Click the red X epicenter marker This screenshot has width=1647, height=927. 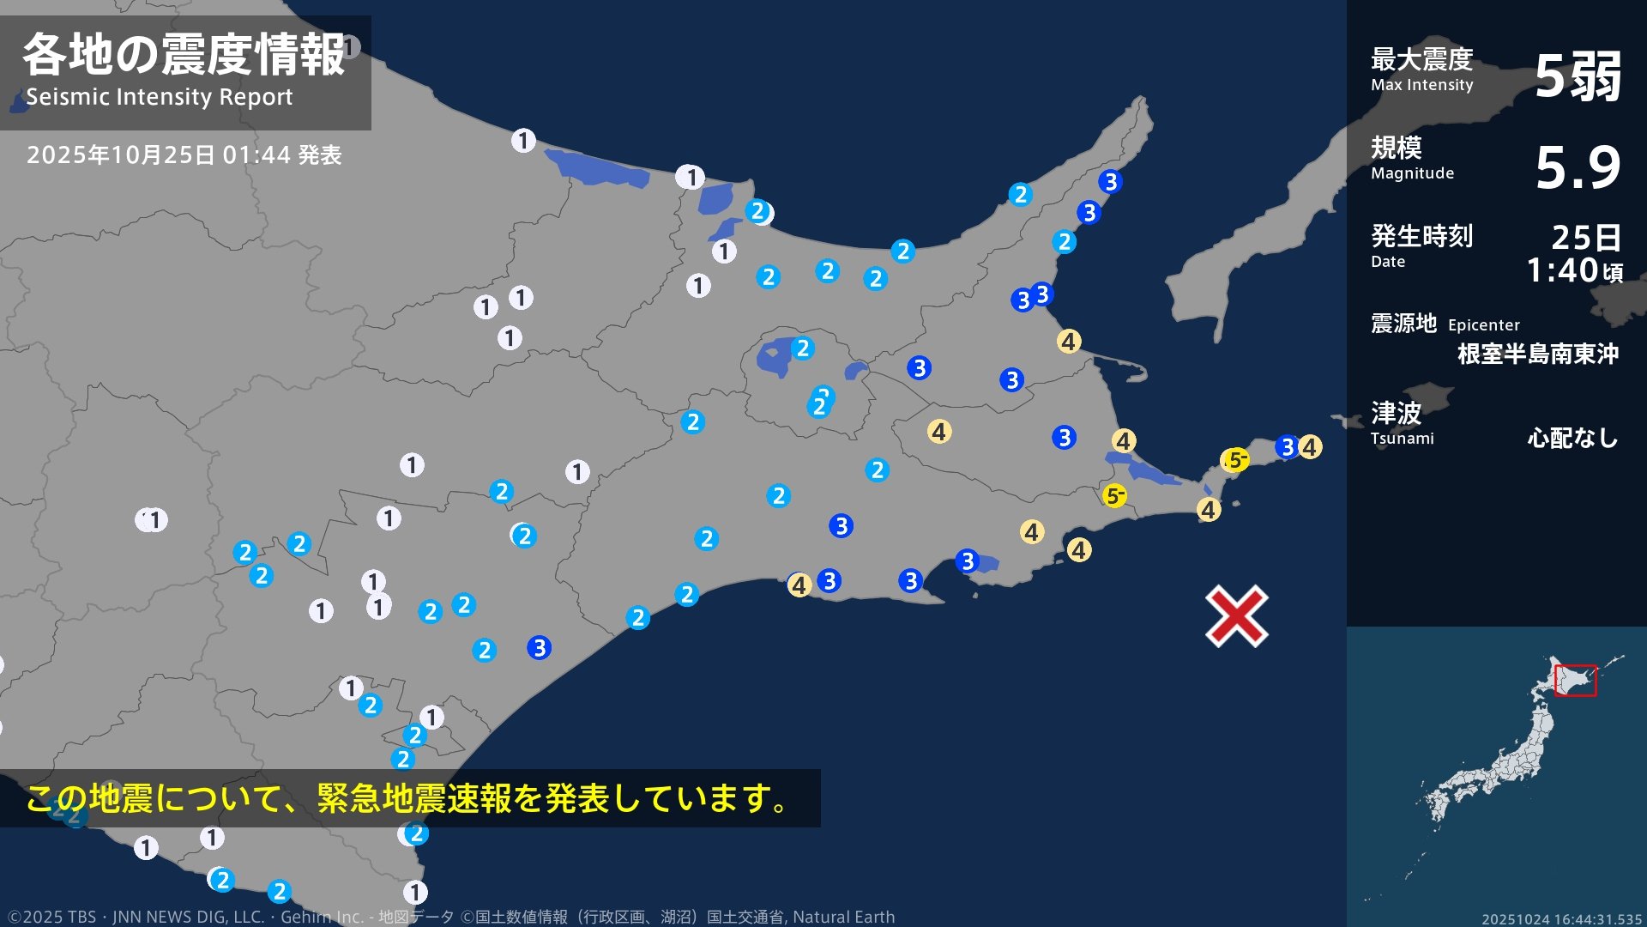1236,616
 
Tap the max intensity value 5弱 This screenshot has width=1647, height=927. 1578,76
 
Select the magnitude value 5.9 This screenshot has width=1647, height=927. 1578,167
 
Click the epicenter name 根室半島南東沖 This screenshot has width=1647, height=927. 1537,354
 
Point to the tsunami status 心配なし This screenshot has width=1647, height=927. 1572,439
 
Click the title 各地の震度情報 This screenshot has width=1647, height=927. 184,55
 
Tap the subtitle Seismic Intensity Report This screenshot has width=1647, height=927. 159,97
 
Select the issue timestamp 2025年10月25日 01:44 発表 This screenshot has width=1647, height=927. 184,155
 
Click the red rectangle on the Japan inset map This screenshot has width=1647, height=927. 1575,680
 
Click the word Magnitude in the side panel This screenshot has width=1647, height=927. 1412,173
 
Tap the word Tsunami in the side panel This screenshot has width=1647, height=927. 1402,439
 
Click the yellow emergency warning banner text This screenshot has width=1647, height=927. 407,798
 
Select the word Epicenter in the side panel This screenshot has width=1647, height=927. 1483,325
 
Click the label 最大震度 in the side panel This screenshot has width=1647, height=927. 1421,59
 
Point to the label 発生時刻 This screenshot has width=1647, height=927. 1421,235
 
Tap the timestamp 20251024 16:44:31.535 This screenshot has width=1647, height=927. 1561,918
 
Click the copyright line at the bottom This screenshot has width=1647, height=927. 450,917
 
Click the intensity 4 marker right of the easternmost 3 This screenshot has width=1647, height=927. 1309,447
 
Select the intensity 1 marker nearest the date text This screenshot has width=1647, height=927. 523,140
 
